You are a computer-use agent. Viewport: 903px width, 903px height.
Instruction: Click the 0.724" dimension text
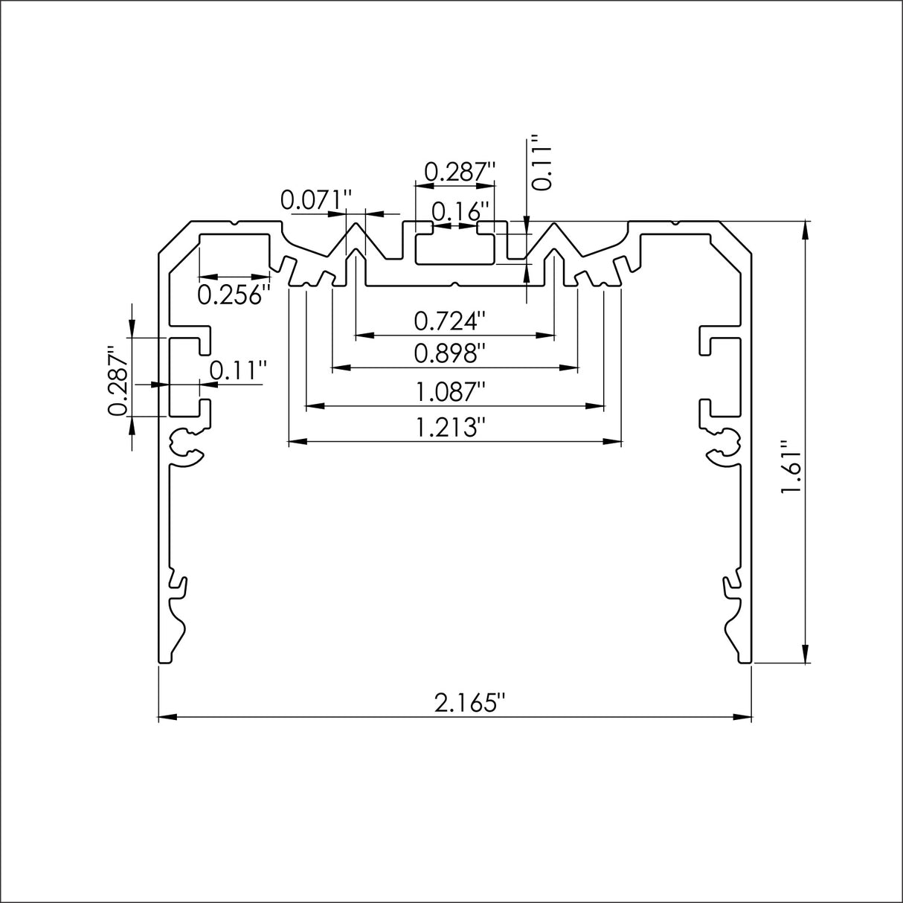[x=450, y=321]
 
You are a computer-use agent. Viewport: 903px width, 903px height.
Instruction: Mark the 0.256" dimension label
[x=232, y=295]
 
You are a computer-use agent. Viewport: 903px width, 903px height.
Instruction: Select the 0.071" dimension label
[x=316, y=200]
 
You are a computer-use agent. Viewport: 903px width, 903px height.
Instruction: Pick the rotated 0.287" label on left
[x=118, y=380]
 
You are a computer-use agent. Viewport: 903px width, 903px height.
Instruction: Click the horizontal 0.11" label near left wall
[x=237, y=370]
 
